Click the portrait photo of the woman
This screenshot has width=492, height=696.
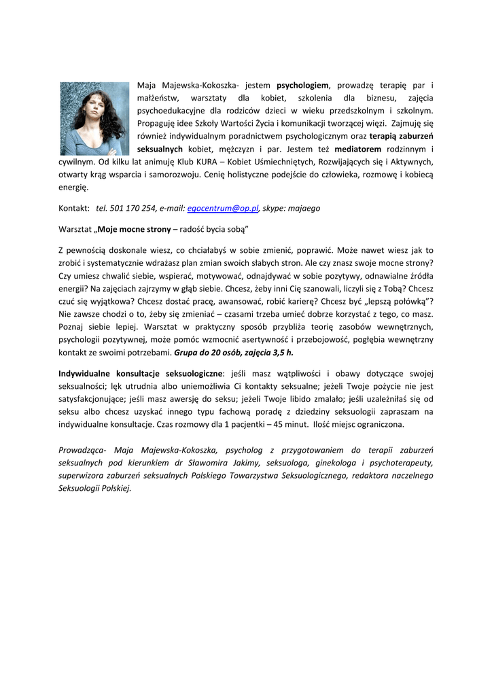click(x=94, y=119)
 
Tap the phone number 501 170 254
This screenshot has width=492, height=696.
click(x=133, y=208)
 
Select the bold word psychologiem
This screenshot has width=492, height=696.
click(x=302, y=86)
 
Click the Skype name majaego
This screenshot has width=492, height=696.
click(x=304, y=208)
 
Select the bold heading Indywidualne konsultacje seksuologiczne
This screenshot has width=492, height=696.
click(x=141, y=373)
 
